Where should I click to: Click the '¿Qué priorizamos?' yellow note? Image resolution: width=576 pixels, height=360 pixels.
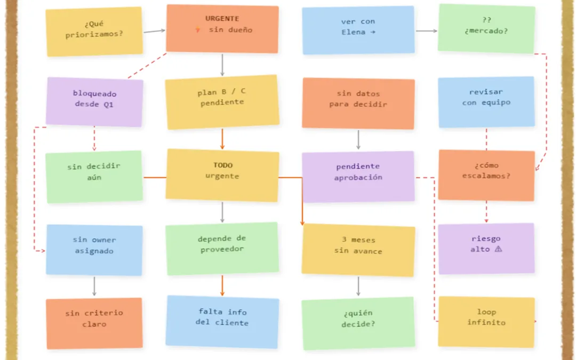pos(94,31)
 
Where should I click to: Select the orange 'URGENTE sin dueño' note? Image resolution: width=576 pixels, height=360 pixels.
pos(222,29)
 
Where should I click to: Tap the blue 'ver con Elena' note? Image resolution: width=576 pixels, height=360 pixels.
pos(358,30)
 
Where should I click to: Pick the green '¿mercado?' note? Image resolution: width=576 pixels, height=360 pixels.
pos(486,29)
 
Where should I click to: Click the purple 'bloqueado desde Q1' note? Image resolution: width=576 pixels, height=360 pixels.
pos(94,102)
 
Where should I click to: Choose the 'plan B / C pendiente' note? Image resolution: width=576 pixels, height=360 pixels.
pos(222,102)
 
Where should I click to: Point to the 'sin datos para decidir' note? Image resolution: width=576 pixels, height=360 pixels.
pos(358,103)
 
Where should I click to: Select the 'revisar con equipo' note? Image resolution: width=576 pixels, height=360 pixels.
pos(486,102)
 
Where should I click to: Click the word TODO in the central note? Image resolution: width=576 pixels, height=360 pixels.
pos(223,165)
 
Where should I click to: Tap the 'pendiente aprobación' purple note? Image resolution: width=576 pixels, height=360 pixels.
pos(358,177)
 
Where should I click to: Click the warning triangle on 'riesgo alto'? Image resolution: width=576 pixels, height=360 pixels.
pos(498,249)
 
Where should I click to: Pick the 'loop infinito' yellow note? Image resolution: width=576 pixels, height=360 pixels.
pos(486,322)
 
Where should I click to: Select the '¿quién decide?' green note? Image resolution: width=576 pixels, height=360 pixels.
pos(358,323)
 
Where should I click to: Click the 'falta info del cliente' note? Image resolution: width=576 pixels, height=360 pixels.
pos(222,322)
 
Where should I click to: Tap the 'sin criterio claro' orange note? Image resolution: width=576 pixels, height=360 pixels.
pos(94,323)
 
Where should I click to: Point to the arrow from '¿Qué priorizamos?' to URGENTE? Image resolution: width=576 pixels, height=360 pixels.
pos(154,31)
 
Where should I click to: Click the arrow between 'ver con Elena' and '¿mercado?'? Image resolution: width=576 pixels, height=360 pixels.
pos(427,31)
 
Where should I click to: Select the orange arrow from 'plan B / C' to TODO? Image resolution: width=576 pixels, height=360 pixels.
pos(222,139)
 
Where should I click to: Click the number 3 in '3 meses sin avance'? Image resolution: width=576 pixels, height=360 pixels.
pos(344,239)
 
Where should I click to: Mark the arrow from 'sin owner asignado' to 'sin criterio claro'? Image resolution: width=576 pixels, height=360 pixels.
pos(94,286)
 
